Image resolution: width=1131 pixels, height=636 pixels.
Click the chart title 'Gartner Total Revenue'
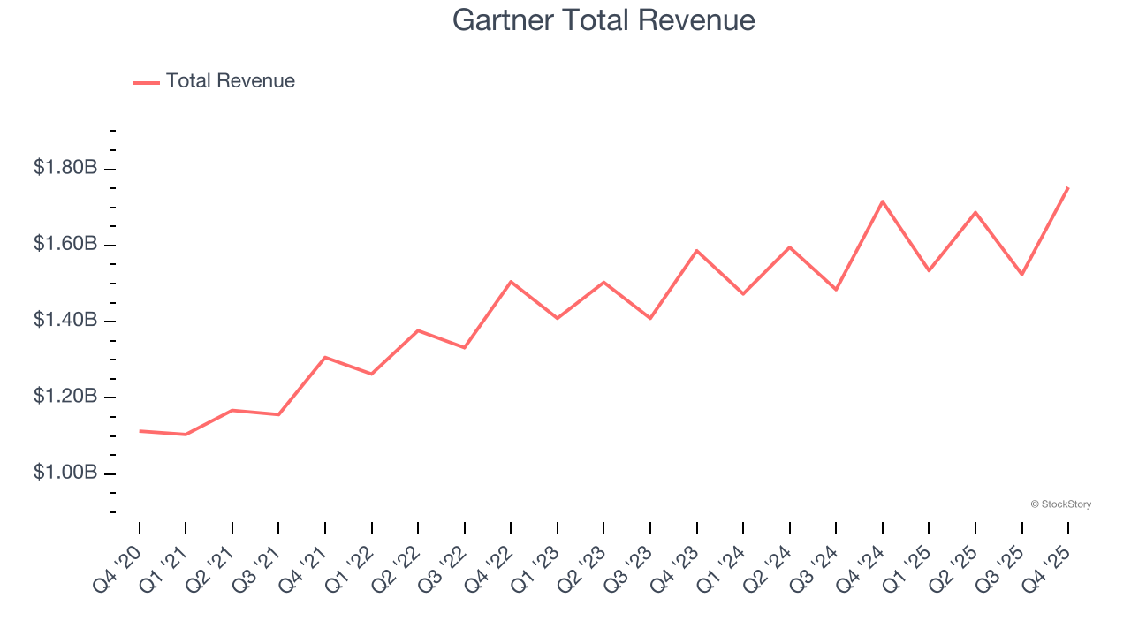coord(603,20)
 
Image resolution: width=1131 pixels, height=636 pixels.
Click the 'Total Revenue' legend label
coord(230,81)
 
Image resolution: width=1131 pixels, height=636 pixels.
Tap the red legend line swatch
coord(146,82)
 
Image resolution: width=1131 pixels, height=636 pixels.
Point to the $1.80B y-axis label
coord(65,167)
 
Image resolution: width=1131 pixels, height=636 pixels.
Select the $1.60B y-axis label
coord(65,243)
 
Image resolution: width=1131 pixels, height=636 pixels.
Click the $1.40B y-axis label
coord(65,320)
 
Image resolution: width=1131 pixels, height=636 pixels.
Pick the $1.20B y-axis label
coord(65,396)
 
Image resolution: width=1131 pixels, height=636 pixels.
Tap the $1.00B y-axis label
coord(65,473)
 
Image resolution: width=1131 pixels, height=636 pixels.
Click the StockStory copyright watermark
coord(1060,504)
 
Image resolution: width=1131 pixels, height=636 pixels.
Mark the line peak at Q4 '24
coord(883,201)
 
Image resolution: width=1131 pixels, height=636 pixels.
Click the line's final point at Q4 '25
coord(1068,187)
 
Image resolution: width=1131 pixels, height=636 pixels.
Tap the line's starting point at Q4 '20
coord(140,431)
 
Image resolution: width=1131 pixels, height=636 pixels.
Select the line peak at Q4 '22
coord(511,282)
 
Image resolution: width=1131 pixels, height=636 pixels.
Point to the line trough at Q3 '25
coord(1021,275)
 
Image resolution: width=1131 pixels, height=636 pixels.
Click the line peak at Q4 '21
coord(325,358)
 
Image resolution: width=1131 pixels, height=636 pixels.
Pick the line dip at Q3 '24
coord(836,290)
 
